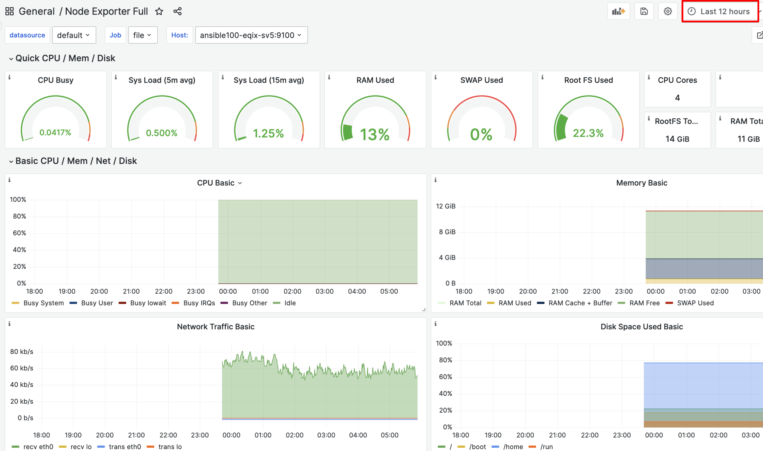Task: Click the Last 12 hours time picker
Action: coord(720,12)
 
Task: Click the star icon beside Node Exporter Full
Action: coord(159,12)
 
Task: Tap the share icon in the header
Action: coord(177,12)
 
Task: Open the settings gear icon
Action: coord(667,12)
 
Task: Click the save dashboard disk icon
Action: coord(644,12)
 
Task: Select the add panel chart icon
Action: coord(618,12)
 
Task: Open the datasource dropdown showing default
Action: coord(74,35)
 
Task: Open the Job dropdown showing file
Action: coord(142,35)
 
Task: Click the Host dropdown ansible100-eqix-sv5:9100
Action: coord(251,35)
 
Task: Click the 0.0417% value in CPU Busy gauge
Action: coord(55,133)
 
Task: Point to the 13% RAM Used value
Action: coord(375,134)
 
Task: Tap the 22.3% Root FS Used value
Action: coord(588,133)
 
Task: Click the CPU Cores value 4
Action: coord(677,98)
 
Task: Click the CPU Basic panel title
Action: coord(216,183)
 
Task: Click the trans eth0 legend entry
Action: coord(125,447)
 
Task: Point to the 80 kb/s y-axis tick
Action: coord(22,352)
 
